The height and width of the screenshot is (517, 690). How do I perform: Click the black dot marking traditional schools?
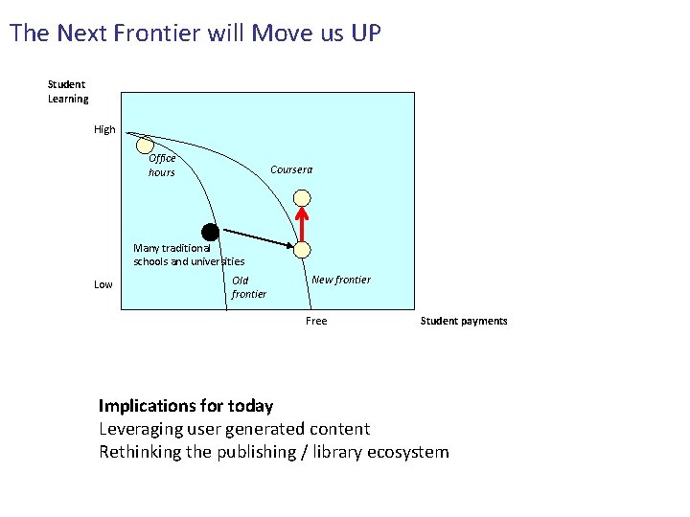(210, 232)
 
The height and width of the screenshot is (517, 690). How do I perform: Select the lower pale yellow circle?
(302, 250)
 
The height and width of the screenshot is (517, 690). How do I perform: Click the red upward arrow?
(302, 224)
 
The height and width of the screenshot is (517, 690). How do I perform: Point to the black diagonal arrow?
(254, 239)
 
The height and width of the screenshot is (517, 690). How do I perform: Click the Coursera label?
(291, 169)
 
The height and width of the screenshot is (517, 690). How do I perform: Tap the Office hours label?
(162, 166)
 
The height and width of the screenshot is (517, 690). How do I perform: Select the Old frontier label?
(249, 287)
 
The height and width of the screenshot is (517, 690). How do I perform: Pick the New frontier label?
(341, 280)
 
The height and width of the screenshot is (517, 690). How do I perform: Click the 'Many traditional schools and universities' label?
(189, 255)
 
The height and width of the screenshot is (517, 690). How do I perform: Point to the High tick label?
(104, 129)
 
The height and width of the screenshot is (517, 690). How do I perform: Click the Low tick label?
(103, 284)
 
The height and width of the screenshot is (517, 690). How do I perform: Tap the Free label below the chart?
(316, 321)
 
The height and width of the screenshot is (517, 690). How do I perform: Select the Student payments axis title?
(464, 321)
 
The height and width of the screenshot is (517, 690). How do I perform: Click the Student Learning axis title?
(68, 92)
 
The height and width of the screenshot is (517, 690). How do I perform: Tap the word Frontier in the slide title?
(149, 34)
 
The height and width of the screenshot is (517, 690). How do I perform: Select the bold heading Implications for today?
(186, 406)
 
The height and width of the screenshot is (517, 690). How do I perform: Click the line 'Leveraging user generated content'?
(234, 429)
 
